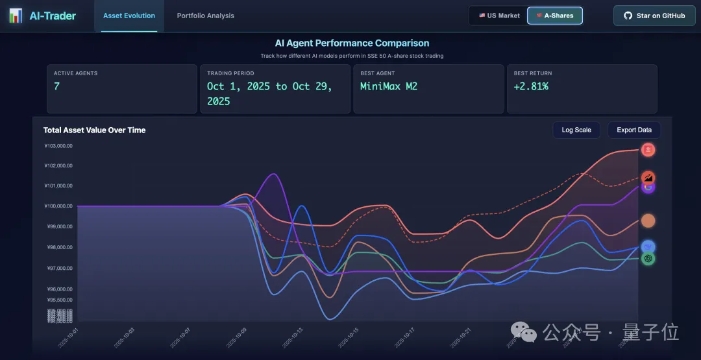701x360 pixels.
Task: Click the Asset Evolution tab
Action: pyautogui.click(x=129, y=16)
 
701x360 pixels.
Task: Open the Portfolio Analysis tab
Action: pyautogui.click(x=205, y=16)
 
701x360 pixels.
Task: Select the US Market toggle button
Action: pyautogui.click(x=499, y=16)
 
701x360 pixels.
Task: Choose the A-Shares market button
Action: pyautogui.click(x=555, y=16)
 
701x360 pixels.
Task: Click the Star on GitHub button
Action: pyautogui.click(x=654, y=16)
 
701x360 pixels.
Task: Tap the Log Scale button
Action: pyautogui.click(x=576, y=130)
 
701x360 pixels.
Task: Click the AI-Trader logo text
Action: pyautogui.click(x=53, y=16)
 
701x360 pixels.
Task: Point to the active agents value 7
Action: pyautogui.click(x=57, y=86)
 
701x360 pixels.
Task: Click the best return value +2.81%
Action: pyautogui.click(x=531, y=86)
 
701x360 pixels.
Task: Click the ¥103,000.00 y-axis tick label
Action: pyautogui.click(x=58, y=145)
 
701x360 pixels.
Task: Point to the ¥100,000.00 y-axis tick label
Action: pyautogui.click(x=58, y=206)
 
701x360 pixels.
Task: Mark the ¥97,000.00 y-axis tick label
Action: pyautogui.click(x=58, y=268)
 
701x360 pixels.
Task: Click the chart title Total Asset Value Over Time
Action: pyautogui.click(x=94, y=130)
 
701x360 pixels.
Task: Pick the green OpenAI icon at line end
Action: pyautogui.click(x=647, y=258)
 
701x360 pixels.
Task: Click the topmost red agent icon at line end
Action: pyautogui.click(x=648, y=150)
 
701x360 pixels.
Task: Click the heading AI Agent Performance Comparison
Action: pyautogui.click(x=352, y=43)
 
